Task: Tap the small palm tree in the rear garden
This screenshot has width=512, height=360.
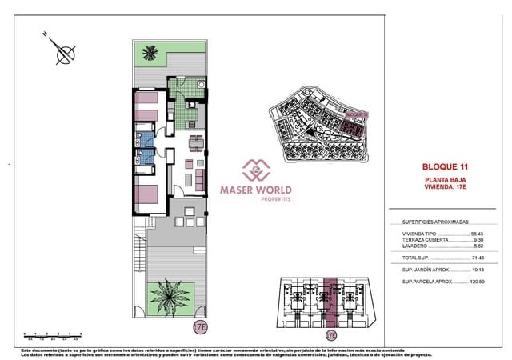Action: click(150, 54)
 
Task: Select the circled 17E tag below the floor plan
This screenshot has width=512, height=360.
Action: click(200, 326)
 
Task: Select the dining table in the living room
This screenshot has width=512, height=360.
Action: click(195, 144)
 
